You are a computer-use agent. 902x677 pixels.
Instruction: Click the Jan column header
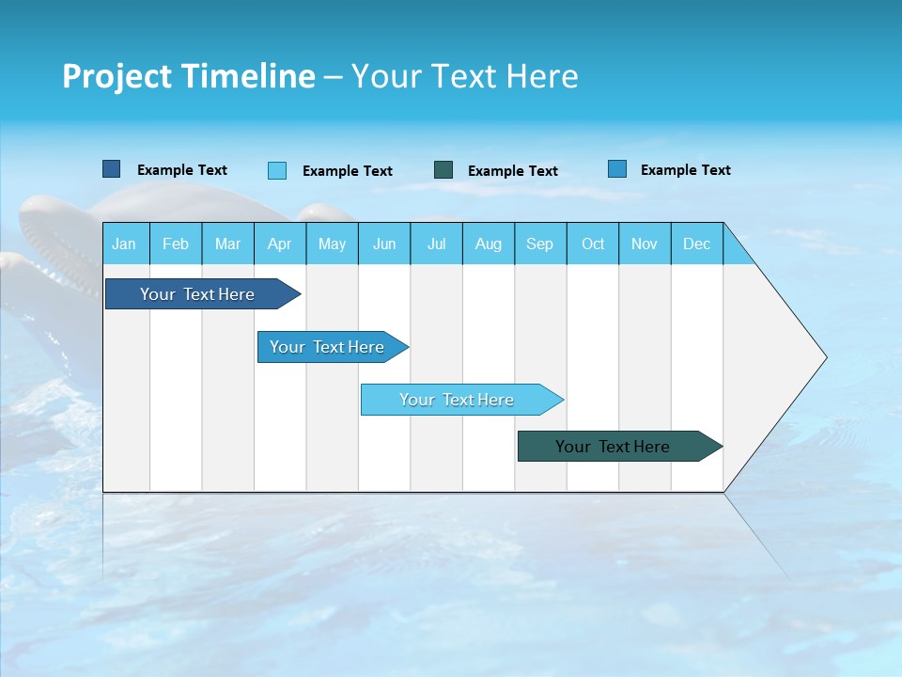pyautogui.click(x=125, y=244)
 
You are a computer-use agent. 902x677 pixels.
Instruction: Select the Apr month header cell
pyautogui.click(x=280, y=244)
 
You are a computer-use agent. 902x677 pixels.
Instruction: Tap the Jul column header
pyautogui.click(x=436, y=244)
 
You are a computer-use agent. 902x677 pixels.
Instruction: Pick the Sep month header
pyautogui.click(x=540, y=244)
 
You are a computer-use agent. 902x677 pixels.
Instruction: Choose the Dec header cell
pyautogui.click(x=696, y=244)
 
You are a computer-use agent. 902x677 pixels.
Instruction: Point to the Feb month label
pyautogui.click(x=176, y=244)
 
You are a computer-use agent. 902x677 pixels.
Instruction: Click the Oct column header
pyautogui.click(x=593, y=244)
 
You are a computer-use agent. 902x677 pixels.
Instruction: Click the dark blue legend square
pyautogui.click(x=111, y=169)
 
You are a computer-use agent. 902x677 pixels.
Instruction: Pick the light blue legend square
pyautogui.click(x=277, y=170)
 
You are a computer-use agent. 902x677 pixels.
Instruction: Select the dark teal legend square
pyautogui.click(x=443, y=170)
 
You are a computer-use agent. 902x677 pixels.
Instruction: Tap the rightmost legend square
pyautogui.click(x=617, y=169)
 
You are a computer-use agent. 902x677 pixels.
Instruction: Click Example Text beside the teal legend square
pyautogui.click(x=512, y=171)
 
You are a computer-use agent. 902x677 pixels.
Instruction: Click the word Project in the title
pyautogui.click(x=117, y=76)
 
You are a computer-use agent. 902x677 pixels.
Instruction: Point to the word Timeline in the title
pyautogui.click(x=248, y=76)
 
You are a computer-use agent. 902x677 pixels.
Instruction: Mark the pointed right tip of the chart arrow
pyautogui.click(x=824, y=357)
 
